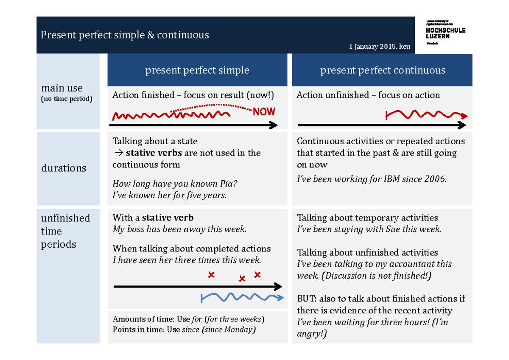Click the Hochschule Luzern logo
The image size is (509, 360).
point(445,33)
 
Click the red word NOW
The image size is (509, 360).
point(264,112)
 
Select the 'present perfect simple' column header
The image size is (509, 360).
point(197,70)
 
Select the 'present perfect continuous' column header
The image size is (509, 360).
point(383,70)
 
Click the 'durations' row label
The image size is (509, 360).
point(64,168)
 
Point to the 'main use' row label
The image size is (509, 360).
point(62,88)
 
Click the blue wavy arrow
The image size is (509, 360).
point(242,298)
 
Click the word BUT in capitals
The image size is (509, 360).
point(306,299)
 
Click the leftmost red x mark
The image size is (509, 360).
point(211,275)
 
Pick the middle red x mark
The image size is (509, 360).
point(242,279)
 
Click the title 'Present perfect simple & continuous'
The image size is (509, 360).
point(125,35)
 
